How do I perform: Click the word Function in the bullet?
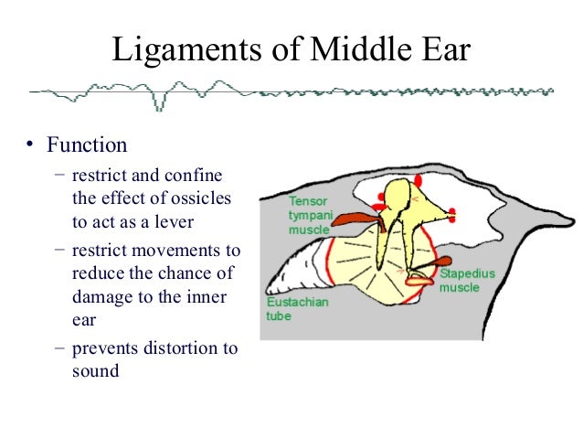[x=87, y=145]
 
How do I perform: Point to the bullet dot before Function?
[x=30, y=146]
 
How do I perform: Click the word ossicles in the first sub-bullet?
[x=205, y=198]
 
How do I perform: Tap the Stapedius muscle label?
[x=463, y=280]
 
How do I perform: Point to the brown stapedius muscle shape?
[x=425, y=268]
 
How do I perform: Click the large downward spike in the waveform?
[x=158, y=102]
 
